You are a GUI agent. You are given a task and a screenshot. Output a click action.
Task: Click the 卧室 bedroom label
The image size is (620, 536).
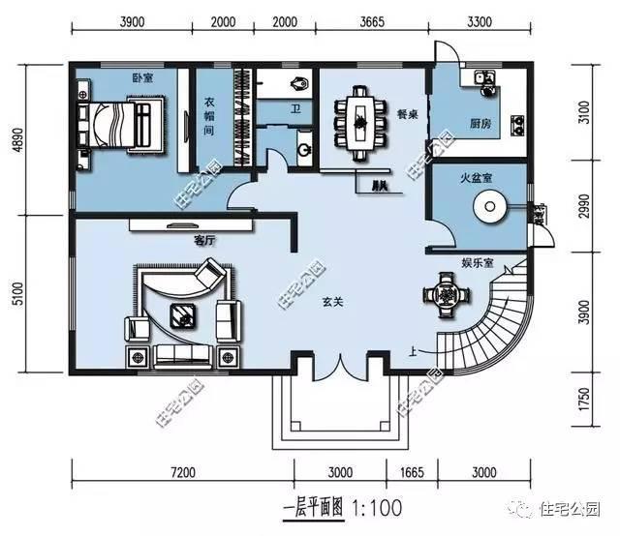coord(142,77)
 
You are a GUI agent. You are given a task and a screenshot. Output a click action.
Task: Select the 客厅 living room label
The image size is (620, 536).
coord(203,239)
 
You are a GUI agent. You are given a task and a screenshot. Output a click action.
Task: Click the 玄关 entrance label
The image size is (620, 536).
coord(334,301)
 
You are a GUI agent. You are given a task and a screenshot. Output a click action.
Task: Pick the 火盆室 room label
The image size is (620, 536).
coord(478,178)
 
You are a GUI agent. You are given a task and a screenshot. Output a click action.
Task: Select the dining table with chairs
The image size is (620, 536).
coord(360,120)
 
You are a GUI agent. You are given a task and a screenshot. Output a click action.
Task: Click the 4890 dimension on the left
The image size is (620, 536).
coord(17,142)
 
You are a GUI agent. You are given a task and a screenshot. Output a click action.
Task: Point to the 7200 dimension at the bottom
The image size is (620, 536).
coord(183,472)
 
